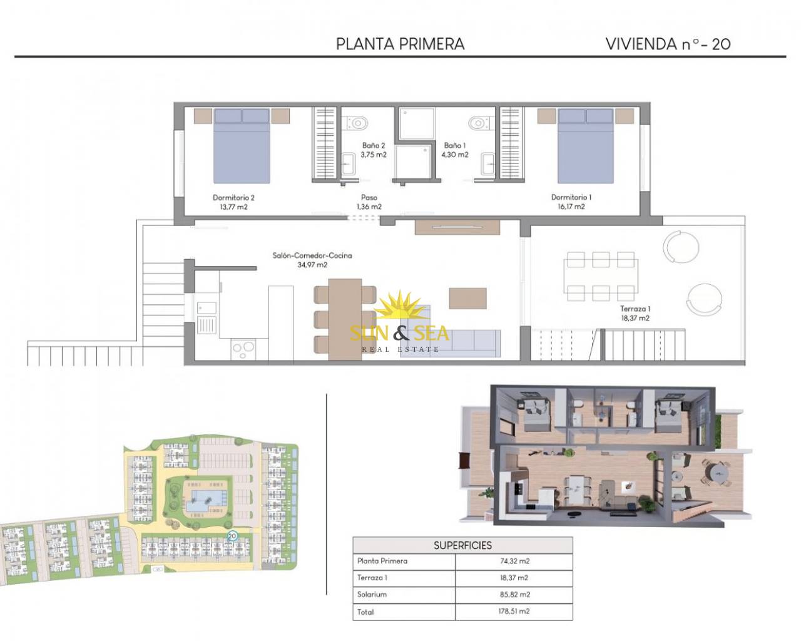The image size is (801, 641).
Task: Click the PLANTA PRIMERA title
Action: pyautogui.click(x=400, y=44)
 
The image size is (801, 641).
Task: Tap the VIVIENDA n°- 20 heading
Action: pyautogui.click(x=668, y=44)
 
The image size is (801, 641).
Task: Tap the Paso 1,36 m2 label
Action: pyautogui.click(x=369, y=202)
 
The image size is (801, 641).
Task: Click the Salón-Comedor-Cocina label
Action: pyautogui.click(x=312, y=255)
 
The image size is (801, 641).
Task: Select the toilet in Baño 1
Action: pyautogui.click(x=482, y=123)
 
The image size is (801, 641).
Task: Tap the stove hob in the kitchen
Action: pyautogui.click(x=243, y=349)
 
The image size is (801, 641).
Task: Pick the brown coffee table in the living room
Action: pyautogui.click(x=468, y=299)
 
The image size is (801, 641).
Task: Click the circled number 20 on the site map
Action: pyautogui.click(x=232, y=536)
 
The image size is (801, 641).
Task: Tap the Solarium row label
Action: pyautogui.click(x=372, y=595)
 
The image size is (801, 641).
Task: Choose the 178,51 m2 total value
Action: pyautogui.click(x=514, y=611)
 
